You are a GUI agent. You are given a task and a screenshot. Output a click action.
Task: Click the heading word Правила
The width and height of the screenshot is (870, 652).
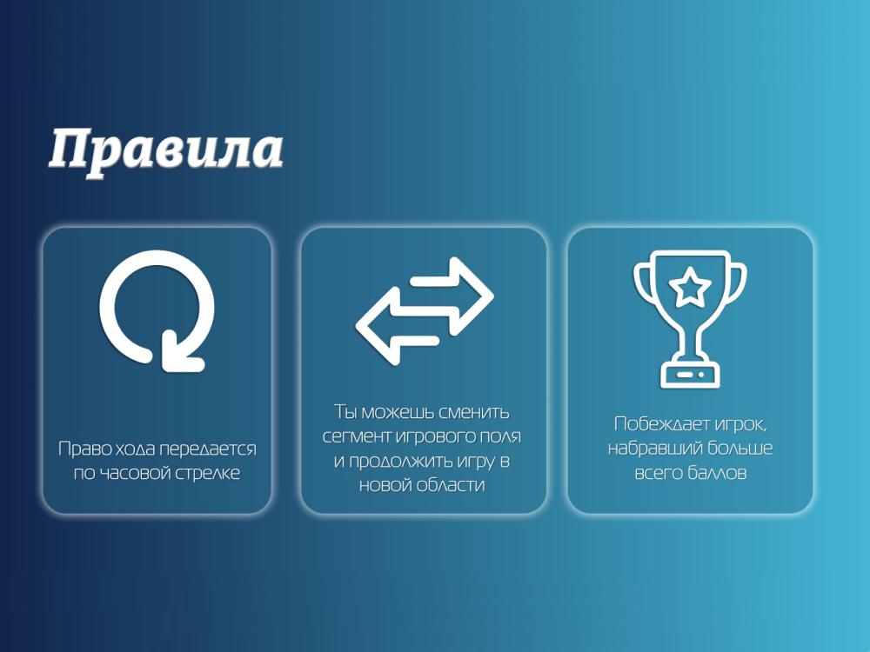click(165, 150)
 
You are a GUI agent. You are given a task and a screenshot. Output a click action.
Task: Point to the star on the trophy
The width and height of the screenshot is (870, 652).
click(690, 287)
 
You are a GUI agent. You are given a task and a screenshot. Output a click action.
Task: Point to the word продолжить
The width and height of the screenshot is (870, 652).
click(400, 462)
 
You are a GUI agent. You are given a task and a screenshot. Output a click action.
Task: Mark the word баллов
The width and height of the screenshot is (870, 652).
click(717, 473)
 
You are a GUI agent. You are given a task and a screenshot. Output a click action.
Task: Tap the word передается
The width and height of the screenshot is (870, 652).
click(208, 449)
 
